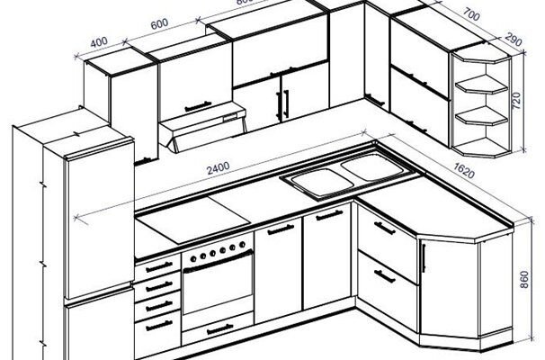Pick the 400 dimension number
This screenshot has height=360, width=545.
tap(100, 41)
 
